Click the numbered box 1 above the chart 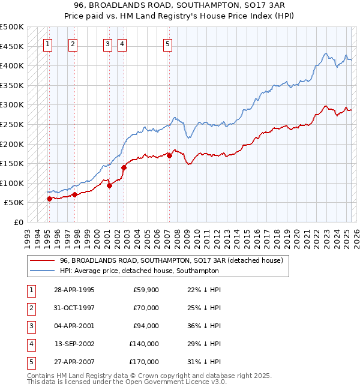pos(47,43)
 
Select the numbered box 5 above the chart pos(167,43)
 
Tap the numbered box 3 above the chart pos(107,43)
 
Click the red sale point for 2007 pos(170,155)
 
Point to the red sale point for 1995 pos(49,199)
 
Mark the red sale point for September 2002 pos(124,167)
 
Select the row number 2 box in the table pos(30,308)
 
